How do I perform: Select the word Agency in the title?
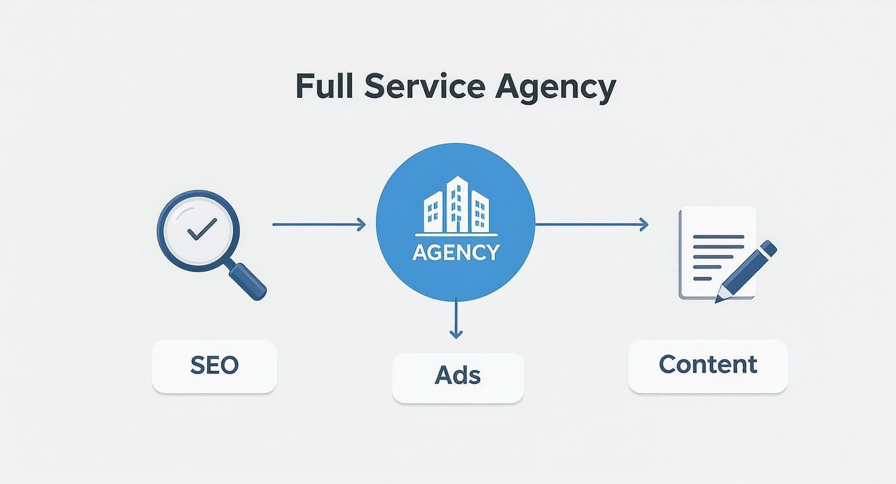(555, 88)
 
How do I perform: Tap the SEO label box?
(214, 366)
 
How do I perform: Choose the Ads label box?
(458, 377)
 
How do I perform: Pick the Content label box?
(707, 366)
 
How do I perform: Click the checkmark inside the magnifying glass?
(201, 228)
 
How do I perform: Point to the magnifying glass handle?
(248, 281)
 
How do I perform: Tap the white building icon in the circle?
(455, 205)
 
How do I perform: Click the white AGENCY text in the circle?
(455, 252)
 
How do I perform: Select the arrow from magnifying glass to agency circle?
(318, 225)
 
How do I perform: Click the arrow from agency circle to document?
(591, 225)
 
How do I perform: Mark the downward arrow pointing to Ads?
(456, 318)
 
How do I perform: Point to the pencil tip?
(719, 298)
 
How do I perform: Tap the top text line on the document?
(718, 237)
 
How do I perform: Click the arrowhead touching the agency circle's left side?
(361, 225)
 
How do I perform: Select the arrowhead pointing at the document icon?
(643, 225)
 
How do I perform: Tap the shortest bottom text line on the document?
(702, 279)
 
